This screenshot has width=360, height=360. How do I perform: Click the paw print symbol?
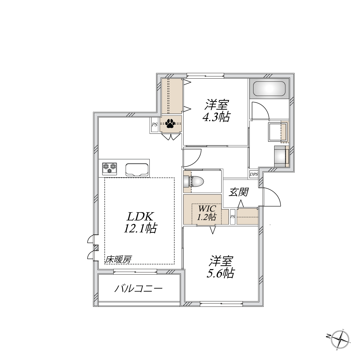click(170, 124)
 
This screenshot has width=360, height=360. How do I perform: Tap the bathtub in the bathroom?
click(269, 88)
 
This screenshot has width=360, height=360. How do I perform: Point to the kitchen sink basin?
click(137, 169)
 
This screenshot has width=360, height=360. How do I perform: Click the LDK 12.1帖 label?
click(140, 222)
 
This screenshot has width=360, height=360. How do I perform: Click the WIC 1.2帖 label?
click(207, 213)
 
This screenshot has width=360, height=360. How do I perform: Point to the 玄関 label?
click(238, 192)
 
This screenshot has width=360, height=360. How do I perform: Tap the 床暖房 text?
click(118, 259)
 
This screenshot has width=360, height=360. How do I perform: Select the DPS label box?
click(254, 175)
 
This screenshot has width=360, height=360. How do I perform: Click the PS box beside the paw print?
click(154, 124)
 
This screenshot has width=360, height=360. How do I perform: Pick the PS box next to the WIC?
click(232, 217)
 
